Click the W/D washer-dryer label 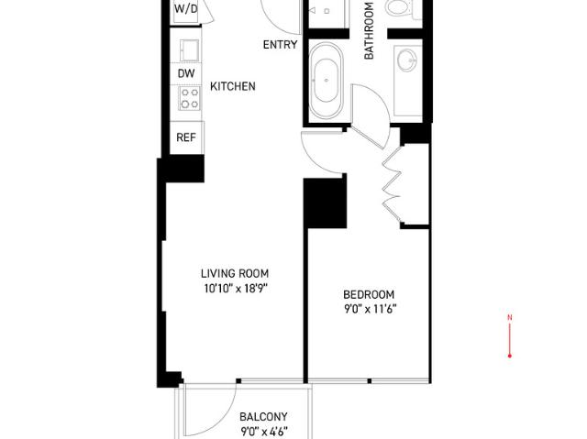click(x=185, y=8)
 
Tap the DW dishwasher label click(x=186, y=73)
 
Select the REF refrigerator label click(x=186, y=137)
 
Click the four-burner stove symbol click(x=190, y=98)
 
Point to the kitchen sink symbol click(x=190, y=50)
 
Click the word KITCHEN click(x=233, y=86)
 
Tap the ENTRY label click(x=280, y=45)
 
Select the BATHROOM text click(x=369, y=30)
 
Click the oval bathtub click(x=326, y=81)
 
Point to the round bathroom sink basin click(x=407, y=60)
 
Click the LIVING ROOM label click(x=235, y=273)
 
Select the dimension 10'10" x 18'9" click(x=237, y=289)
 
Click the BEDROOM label click(x=369, y=294)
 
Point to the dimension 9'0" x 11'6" click(x=371, y=309)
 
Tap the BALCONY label click(x=263, y=417)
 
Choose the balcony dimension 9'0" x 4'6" click(x=264, y=432)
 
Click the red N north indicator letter click(x=510, y=318)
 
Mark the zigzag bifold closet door click(x=393, y=183)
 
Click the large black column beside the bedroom click(x=325, y=203)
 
